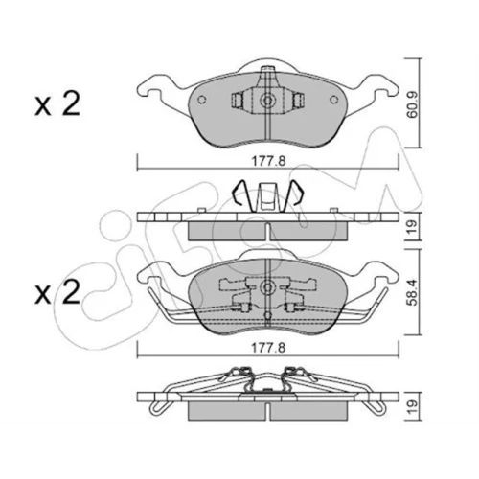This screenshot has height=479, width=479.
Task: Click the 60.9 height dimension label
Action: pos(413,103)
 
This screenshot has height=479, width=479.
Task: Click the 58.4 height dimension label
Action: pos(413,292)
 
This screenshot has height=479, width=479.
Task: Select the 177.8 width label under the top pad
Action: pos(268,161)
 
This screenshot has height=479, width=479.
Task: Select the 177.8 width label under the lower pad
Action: pos(268,348)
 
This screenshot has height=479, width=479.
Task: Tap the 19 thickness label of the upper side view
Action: pos(413,226)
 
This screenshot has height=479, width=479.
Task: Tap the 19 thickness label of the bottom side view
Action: pos(413,407)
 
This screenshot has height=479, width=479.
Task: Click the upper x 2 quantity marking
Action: pos(57,104)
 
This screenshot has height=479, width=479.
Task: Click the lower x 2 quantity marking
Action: pos(57,292)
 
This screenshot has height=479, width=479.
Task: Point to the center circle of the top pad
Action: pos(267,101)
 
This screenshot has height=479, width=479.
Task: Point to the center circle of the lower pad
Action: pos(267,287)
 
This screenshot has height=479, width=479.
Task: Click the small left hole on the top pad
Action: pos(201,100)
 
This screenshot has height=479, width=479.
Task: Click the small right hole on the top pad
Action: pos(333,100)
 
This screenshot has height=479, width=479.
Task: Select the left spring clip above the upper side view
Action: pos(242,194)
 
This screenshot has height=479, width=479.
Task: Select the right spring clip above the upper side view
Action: pos(293,194)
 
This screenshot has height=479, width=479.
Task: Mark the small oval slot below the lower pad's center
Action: pos(267,315)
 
